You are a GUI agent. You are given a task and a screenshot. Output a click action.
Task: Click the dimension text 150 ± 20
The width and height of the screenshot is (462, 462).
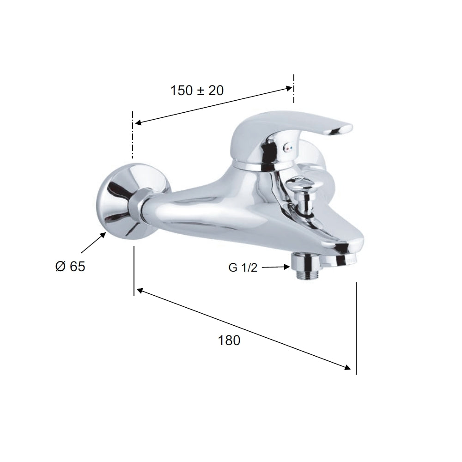coord(197,91)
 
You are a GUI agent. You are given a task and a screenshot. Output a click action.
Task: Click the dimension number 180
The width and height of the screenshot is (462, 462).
coord(229,340)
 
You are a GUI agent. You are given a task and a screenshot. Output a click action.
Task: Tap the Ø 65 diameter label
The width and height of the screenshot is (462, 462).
coord(70,267)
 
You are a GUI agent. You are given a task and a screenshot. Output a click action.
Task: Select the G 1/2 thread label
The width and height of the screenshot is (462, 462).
coord(243,267)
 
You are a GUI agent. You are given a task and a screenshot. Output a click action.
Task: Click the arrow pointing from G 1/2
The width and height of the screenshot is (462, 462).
coord(276,267)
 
